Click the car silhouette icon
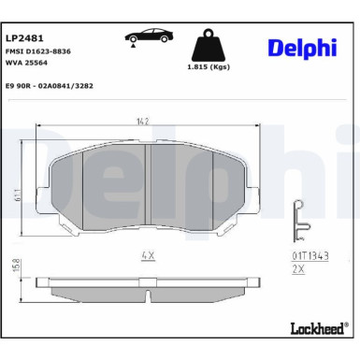pyautogui.click(x=147, y=36)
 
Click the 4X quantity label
pyautogui.click(x=147, y=253)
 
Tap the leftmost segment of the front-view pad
pyautogui.click(x=64, y=187)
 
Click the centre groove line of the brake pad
pyautogui.click(x=148, y=187)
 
